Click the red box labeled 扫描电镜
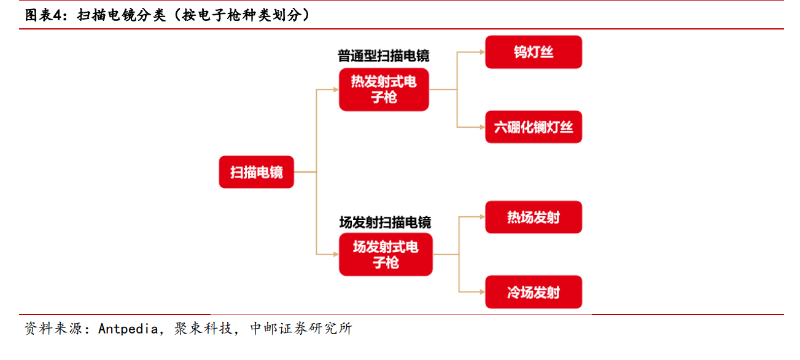pos(257,172)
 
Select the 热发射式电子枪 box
pos(384,89)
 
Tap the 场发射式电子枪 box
pos(386,254)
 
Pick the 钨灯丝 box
pos(534,52)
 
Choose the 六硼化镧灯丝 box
pos(534,127)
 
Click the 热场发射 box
pos(534,217)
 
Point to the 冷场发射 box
pos(534,292)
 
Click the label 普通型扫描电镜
pos(384,56)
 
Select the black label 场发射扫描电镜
pos(386,222)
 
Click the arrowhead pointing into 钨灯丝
pos(483,52)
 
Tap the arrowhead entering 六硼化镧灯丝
pos(483,127)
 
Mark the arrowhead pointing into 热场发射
pos(483,217)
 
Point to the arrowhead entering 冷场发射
pos(483,292)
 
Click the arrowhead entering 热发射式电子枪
pos(336,89)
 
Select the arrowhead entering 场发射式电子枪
pos(336,254)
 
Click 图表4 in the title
pos(44,15)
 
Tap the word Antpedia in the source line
pos(128,329)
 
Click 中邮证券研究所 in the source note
pos(301,328)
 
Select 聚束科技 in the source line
pos(203,328)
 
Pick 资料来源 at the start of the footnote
pos(53,328)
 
